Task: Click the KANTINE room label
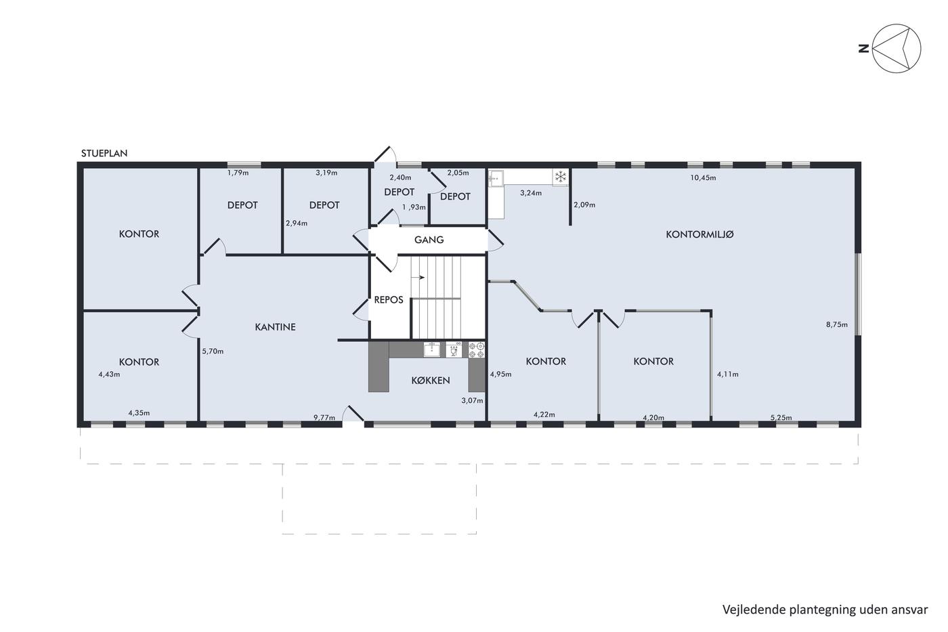coord(275,326)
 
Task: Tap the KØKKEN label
coord(431,380)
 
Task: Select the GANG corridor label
coord(429,240)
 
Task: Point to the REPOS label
coord(389,299)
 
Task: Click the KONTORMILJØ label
coord(699,234)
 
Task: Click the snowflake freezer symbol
coord(561,177)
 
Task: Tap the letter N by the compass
coord(864,49)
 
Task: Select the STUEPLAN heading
coord(104,153)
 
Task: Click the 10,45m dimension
coord(703,177)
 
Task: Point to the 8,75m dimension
coord(837,324)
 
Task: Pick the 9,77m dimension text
coord(324,417)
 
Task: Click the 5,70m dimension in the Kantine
coord(213,351)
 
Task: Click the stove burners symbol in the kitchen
coord(477,350)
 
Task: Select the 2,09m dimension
coord(584,205)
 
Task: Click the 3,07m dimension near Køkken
coord(472,400)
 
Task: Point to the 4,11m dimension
coord(727,374)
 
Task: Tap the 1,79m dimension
coord(238,173)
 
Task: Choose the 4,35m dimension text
coord(139,413)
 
